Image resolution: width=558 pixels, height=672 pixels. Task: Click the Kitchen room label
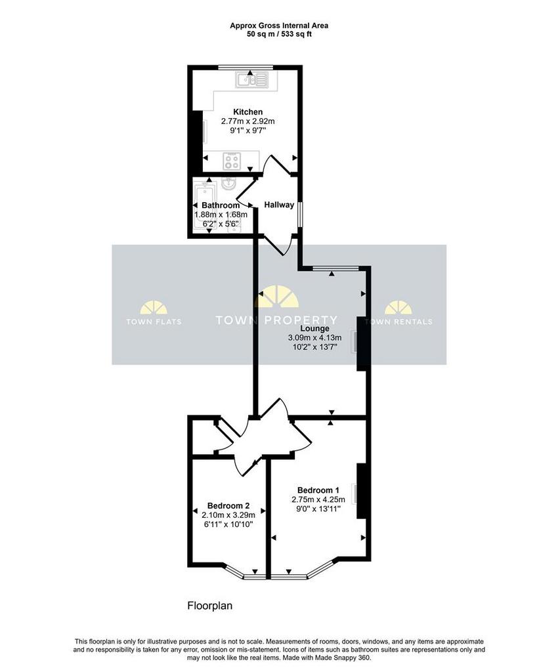[247, 112]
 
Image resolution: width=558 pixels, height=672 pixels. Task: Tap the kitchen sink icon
[251, 80]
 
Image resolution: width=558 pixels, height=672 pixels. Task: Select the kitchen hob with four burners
[232, 161]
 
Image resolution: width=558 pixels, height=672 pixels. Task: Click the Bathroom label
[221, 205]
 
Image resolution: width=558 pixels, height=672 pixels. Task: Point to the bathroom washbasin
[228, 184]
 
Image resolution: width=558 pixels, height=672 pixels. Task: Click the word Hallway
[279, 205]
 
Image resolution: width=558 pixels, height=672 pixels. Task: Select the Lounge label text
[314, 329]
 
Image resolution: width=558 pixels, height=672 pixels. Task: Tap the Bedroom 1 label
[318, 490]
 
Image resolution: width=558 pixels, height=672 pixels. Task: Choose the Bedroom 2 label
[228, 506]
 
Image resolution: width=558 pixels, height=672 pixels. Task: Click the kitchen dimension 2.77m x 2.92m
[247, 121]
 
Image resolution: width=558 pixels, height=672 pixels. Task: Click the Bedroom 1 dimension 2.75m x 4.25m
[318, 499]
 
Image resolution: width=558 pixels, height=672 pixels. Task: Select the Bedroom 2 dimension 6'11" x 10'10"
[228, 524]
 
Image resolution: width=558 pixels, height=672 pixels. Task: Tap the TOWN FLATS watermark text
[154, 322]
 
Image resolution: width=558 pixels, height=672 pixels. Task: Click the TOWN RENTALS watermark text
[398, 322]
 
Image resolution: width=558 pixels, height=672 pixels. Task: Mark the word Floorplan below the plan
[210, 606]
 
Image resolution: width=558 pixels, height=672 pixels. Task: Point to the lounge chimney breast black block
[362, 343]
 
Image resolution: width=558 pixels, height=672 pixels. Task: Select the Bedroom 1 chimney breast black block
[362, 491]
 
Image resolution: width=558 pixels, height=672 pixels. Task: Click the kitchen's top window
[246, 67]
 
